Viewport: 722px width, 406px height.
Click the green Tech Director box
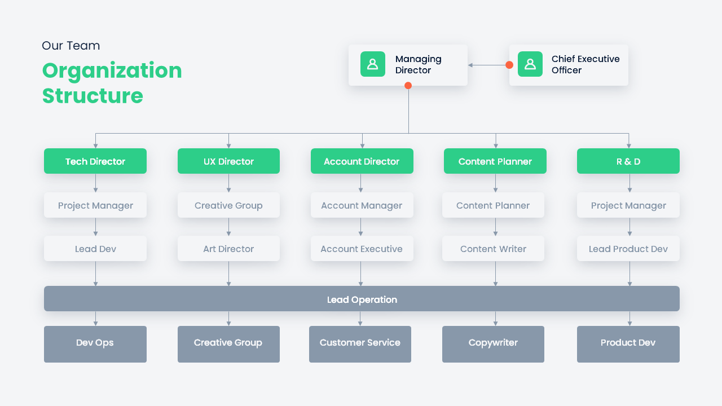pos(95,161)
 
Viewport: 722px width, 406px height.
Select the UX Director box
pos(228,161)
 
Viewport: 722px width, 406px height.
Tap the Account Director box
pos(362,161)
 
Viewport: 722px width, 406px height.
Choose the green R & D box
pos(628,161)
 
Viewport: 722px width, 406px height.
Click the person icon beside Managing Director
pos(373,64)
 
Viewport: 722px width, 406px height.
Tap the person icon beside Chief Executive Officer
pos(530,64)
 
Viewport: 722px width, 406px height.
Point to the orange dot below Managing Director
pos(408,86)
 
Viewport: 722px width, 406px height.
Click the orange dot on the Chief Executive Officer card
pos(509,65)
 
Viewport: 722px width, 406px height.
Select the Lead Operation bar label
pos(362,299)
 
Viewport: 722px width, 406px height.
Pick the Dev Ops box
pos(95,343)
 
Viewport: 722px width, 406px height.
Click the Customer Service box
pos(360,343)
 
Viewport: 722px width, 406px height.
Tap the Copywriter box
pos(493,343)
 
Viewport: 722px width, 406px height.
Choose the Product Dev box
pos(628,343)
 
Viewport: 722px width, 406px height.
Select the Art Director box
pos(228,249)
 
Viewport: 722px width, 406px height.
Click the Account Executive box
pos(362,249)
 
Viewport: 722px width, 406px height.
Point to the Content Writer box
pos(493,249)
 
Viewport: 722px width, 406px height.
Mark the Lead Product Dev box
pos(628,249)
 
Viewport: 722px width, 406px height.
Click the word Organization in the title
pos(112,70)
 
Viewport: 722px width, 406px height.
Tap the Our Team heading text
pos(71,46)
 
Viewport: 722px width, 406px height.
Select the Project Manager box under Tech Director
pos(95,205)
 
